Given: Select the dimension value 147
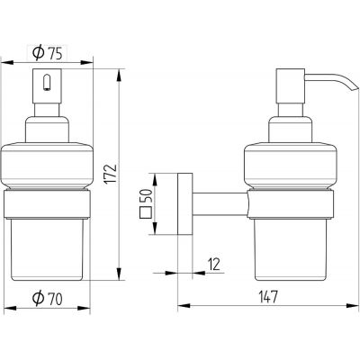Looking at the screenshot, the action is tap(268, 297).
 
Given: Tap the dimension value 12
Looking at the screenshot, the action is tap(214, 264).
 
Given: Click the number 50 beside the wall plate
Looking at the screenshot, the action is tap(146, 196).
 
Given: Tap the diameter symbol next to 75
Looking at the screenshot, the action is tap(38, 53).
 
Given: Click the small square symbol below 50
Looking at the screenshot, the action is tap(146, 212).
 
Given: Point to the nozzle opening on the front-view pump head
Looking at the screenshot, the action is tap(47, 83).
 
